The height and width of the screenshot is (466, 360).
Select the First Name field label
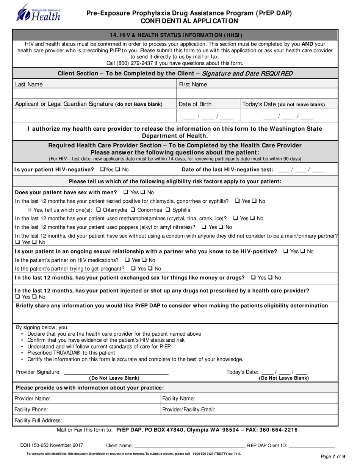(x=193, y=84)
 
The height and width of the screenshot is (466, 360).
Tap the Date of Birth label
(x=195, y=104)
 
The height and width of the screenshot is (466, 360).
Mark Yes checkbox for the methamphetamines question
(x=236, y=218)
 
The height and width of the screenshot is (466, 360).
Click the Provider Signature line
(x=116, y=372)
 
